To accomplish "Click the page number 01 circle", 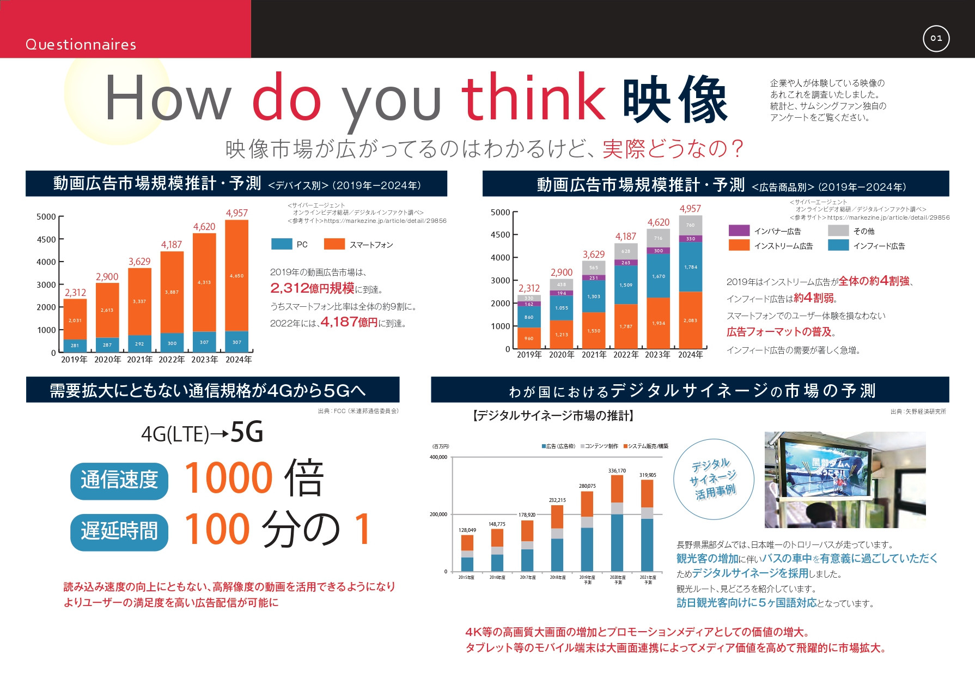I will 936,38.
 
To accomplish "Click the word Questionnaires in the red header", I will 81,45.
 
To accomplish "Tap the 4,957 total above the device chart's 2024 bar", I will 236,213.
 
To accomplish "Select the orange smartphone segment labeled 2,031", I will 75,320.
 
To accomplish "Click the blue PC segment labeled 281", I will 75,346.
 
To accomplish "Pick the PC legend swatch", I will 282,244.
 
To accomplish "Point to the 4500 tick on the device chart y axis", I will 46,239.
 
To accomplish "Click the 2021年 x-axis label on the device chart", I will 139,360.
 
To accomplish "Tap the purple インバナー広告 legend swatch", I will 739,231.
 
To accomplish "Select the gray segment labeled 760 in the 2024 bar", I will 690,225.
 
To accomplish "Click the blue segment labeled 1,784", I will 690,267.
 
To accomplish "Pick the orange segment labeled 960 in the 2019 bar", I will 528,338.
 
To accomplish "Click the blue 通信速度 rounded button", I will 119,480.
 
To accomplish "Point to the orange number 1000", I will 229,478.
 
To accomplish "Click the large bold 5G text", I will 247,432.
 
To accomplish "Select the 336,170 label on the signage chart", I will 617,470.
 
